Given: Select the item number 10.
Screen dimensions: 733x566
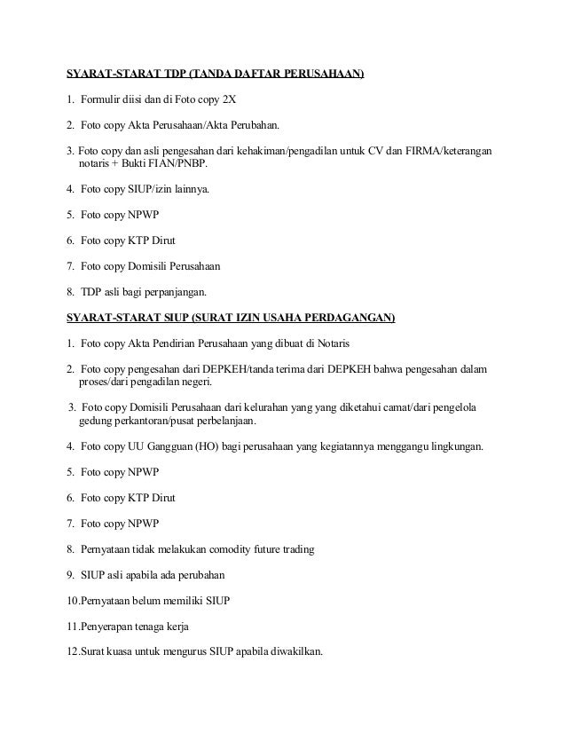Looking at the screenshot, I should click(73, 601).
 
